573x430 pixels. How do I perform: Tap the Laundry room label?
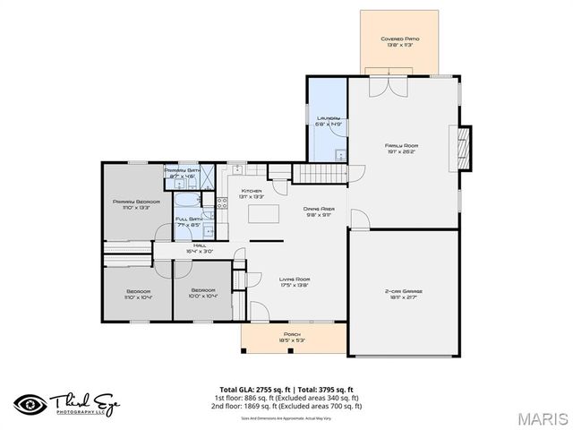click(328, 121)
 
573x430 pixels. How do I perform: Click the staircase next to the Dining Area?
click(317, 176)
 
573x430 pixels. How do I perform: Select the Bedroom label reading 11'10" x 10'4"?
click(138, 294)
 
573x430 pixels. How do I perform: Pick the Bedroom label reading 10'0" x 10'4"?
click(202, 294)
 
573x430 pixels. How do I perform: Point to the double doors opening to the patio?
click(385, 85)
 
